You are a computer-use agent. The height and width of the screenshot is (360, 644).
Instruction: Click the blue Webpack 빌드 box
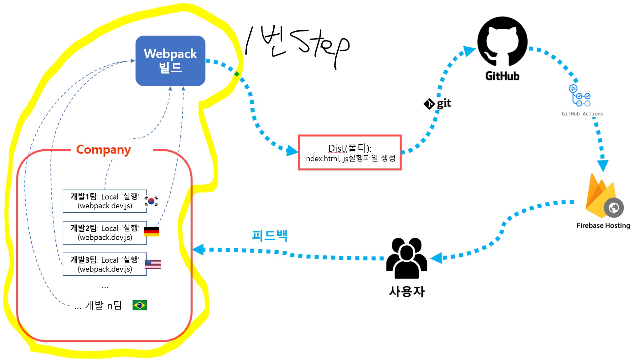tap(170, 61)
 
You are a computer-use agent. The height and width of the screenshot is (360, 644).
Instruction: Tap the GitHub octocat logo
tap(502, 41)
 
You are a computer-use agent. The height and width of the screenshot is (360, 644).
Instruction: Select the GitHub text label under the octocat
tap(502, 76)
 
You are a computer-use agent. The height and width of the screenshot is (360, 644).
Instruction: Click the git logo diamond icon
tap(429, 104)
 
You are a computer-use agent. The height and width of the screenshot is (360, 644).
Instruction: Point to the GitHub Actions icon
tap(579, 96)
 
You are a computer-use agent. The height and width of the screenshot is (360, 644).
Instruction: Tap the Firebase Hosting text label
tap(603, 225)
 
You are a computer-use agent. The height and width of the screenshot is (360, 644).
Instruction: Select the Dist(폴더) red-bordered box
tap(350, 153)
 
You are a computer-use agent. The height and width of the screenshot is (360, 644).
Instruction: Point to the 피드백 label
tap(270, 235)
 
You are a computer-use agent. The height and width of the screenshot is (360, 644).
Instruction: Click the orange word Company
tap(104, 150)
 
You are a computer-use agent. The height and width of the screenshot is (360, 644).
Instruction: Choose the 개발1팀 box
tap(105, 201)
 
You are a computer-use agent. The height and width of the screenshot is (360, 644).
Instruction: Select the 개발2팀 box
tap(105, 233)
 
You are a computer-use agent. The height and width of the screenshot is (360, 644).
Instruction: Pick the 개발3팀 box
tap(105, 264)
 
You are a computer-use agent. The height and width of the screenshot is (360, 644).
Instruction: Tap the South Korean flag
tap(151, 201)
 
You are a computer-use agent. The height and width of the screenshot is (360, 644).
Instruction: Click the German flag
tap(151, 232)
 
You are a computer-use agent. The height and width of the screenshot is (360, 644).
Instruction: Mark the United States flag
tap(153, 264)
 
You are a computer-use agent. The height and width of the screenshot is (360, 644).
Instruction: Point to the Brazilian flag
tap(139, 305)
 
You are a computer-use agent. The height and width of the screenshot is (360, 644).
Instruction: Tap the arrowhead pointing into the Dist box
tap(292, 151)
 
